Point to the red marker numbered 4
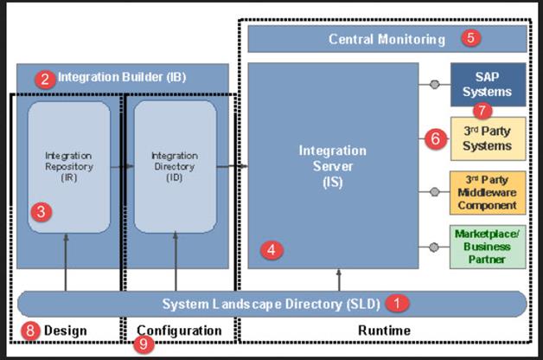[272, 250]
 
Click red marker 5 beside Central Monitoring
[470, 37]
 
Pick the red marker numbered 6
[437, 137]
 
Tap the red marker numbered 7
[482, 110]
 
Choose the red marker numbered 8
[29, 331]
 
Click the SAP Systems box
[487, 84]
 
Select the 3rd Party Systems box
[487, 138]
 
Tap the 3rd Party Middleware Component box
[487, 192]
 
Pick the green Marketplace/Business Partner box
[487, 246]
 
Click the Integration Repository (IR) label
[69, 165]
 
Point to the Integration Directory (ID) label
[175, 165]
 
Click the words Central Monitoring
[386, 39]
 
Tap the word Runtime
[384, 331]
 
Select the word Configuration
[179, 331]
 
